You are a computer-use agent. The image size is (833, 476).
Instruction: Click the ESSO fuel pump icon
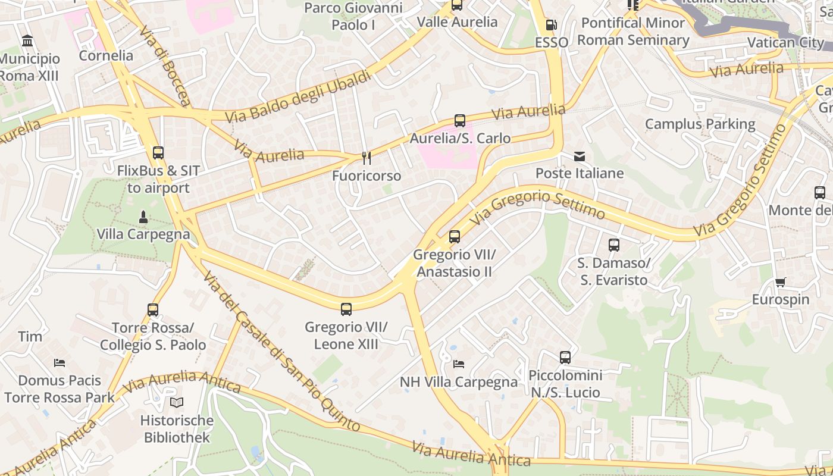pyautogui.click(x=552, y=25)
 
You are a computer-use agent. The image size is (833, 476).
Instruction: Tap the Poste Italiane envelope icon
pyautogui.click(x=580, y=156)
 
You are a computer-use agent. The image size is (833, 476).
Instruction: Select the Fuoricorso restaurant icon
pyautogui.click(x=367, y=158)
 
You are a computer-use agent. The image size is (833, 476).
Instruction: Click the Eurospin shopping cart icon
pyautogui.click(x=780, y=282)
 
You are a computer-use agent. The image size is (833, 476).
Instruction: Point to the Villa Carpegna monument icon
pyautogui.click(x=143, y=217)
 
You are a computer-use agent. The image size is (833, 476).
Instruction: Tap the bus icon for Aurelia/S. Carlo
pyautogui.click(x=459, y=121)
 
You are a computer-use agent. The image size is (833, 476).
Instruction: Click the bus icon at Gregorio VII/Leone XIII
pyautogui.click(x=346, y=309)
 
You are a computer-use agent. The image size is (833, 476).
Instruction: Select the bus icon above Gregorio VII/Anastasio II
pyautogui.click(x=455, y=237)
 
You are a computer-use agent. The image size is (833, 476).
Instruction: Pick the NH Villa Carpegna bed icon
pyautogui.click(x=458, y=364)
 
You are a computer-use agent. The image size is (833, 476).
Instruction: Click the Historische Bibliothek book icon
pyautogui.click(x=177, y=403)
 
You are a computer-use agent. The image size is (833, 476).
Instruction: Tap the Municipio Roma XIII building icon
pyautogui.click(x=27, y=41)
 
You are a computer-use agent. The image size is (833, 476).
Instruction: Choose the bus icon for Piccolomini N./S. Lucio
pyautogui.click(x=565, y=358)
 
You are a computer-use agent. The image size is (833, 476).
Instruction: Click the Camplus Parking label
pyautogui.click(x=700, y=124)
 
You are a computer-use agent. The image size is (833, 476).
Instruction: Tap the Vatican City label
pyautogui.click(x=785, y=42)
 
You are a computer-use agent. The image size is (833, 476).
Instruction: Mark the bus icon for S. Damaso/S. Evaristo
pyautogui.click(x=614, y=245)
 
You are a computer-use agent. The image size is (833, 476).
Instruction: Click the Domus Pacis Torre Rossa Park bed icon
pyautogui.click(x=59, y=362)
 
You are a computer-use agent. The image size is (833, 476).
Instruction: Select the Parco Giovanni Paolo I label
pyautogui.click(x=353, y=16)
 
